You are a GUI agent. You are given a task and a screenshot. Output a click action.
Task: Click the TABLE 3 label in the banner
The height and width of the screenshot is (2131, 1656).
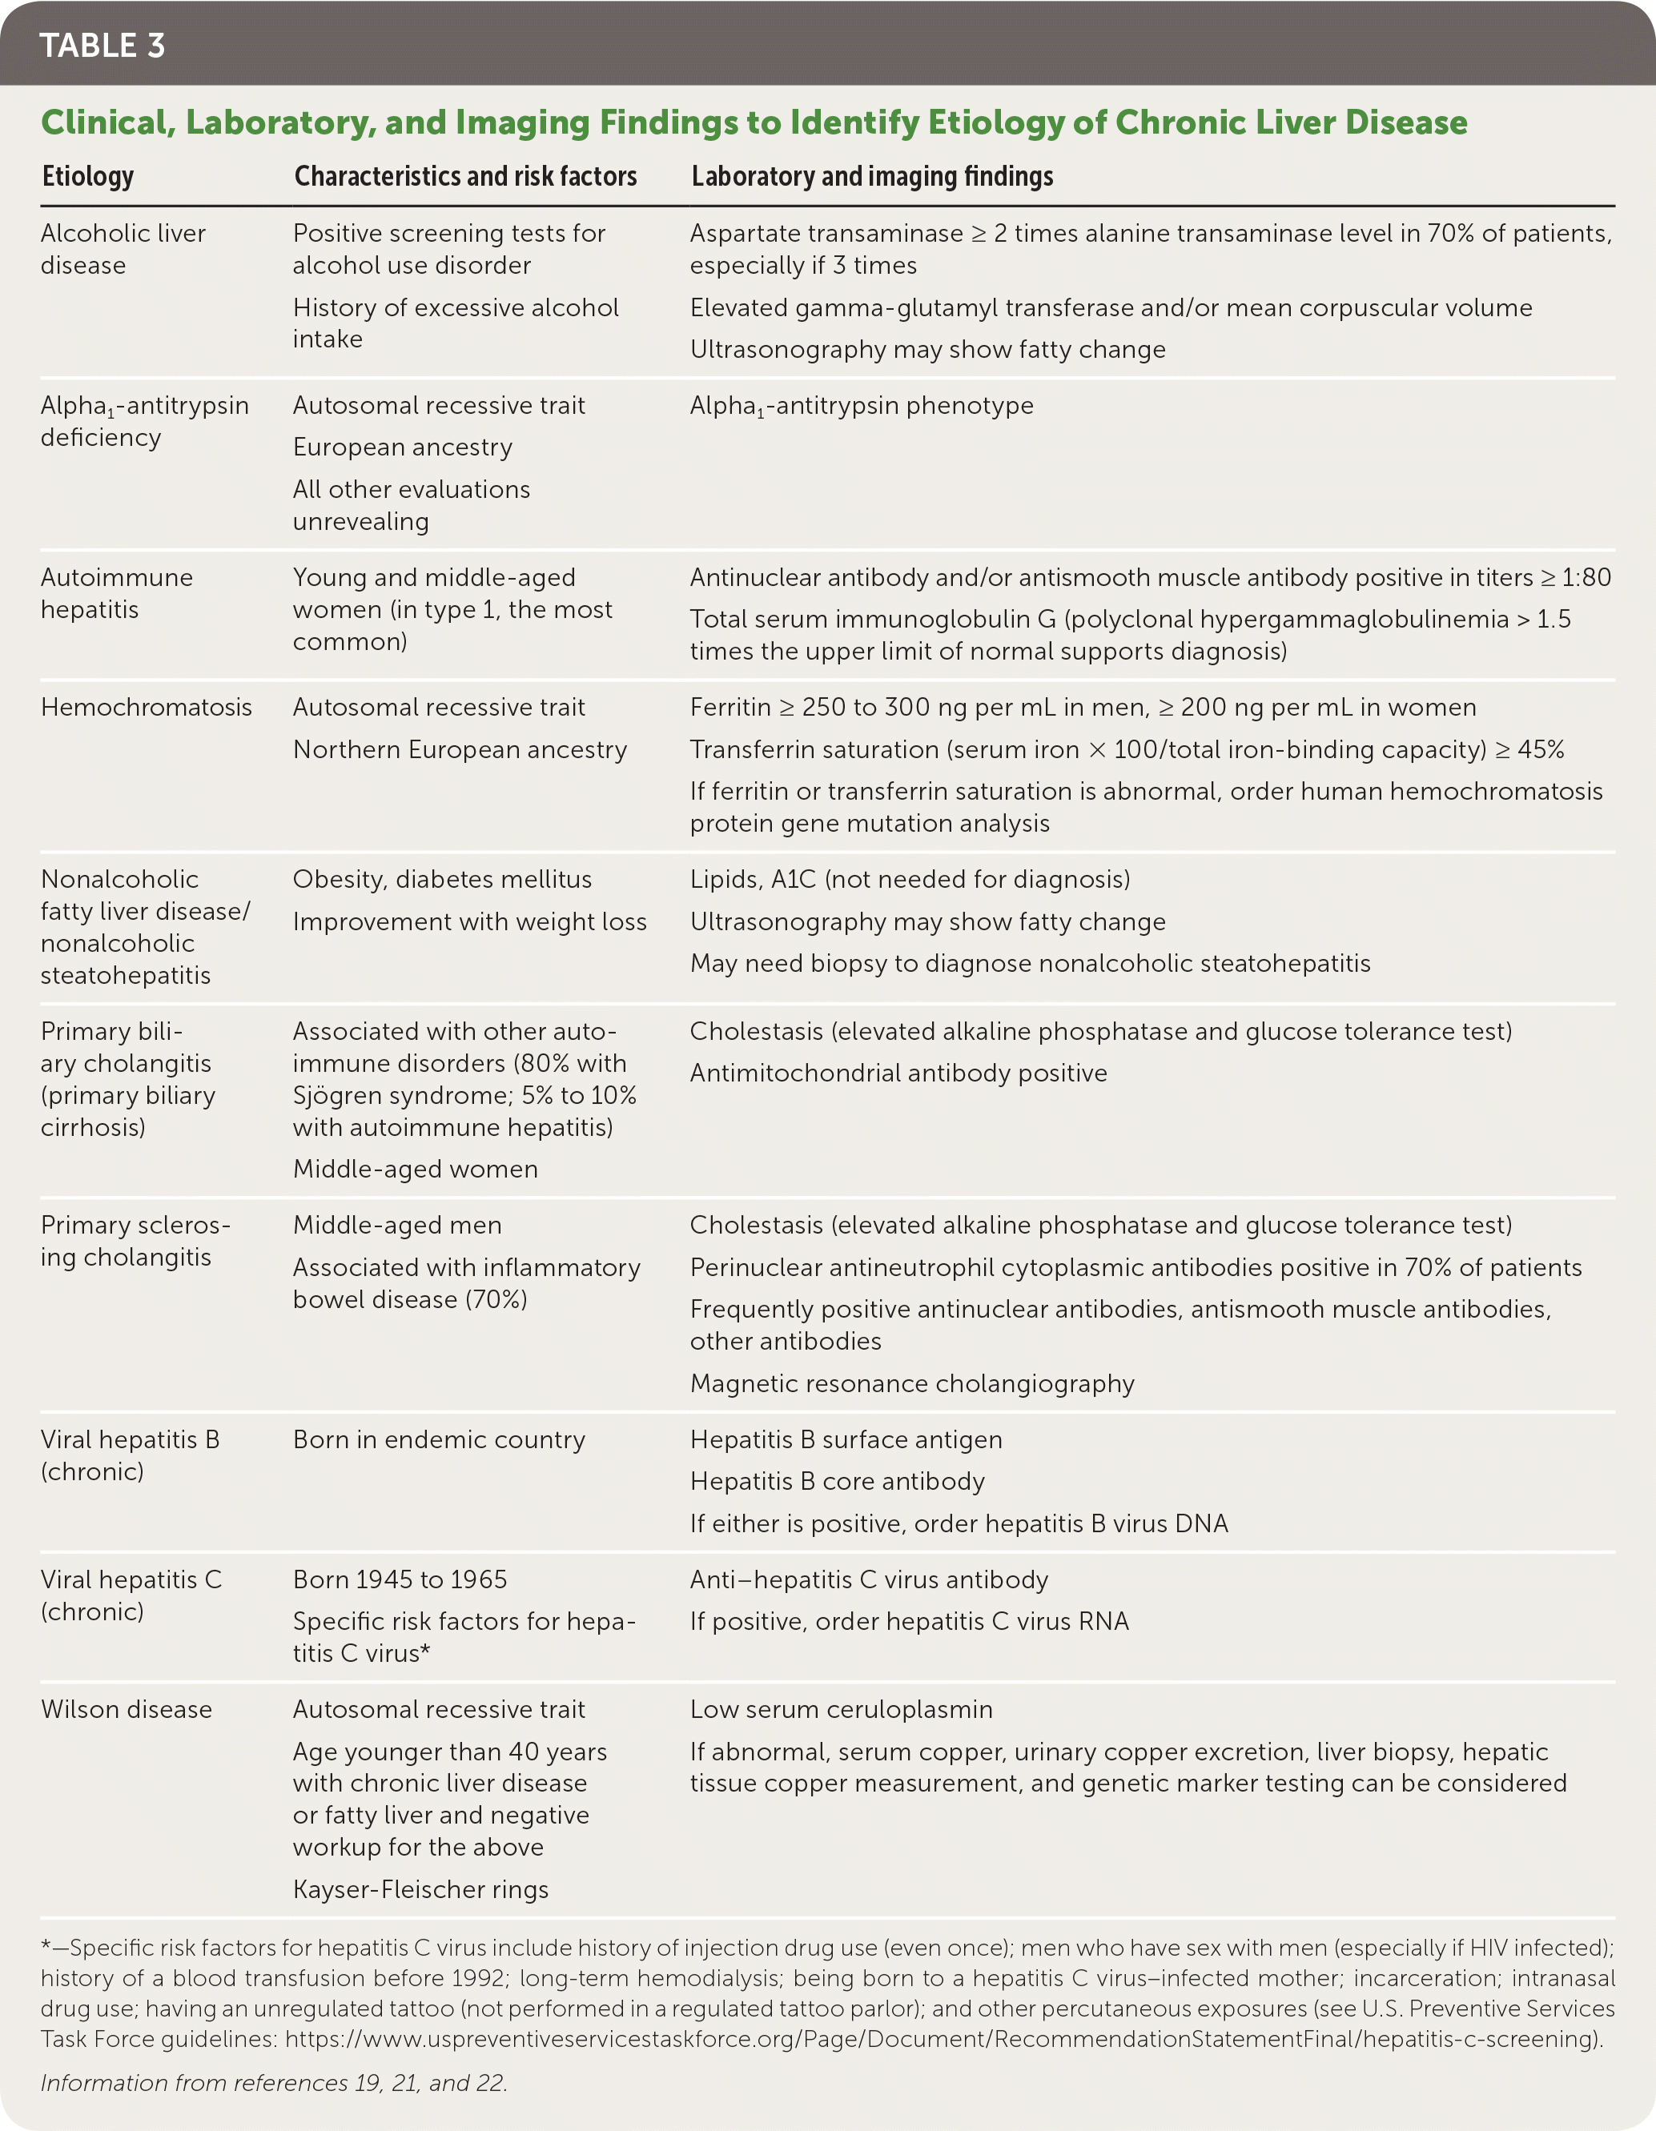click(102, 45)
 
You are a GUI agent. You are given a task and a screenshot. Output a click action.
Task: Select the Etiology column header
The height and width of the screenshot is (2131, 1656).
click(88, 177)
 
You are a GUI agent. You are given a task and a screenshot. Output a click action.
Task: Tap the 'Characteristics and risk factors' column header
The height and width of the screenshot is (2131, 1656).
click(465, 177)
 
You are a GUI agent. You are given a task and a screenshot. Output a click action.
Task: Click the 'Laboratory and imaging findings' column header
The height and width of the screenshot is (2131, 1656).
click(872, 177)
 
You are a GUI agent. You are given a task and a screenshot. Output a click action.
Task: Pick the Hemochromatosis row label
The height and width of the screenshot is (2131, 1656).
click(147, 708)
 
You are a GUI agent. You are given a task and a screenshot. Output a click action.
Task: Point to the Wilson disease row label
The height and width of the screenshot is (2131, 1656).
click(126, 1709)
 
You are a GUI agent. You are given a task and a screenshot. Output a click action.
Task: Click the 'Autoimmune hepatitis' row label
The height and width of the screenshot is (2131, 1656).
click(117, 593)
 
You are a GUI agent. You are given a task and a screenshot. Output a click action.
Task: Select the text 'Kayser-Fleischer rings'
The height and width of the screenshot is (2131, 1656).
click(420, 1889)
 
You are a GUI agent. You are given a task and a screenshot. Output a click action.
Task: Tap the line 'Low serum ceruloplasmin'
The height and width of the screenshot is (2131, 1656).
click(841, 1709)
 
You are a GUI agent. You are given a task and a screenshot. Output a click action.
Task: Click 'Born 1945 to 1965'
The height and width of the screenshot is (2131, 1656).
click(400, 1579)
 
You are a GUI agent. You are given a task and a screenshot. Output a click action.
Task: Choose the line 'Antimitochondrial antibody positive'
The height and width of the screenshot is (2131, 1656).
click(898, 1074)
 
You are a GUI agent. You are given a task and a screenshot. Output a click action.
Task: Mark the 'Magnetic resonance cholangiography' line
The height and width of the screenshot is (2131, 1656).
click(912, 1383)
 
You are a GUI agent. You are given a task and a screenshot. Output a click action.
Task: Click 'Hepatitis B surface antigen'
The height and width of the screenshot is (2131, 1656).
click(846, 1439)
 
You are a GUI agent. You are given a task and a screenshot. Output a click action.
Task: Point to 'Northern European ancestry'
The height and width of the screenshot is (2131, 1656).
click(460, 749)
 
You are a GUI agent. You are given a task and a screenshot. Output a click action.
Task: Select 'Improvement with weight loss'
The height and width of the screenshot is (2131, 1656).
click(469, 922)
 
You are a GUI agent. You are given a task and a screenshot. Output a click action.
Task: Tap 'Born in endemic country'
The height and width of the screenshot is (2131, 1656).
click(439, 1439)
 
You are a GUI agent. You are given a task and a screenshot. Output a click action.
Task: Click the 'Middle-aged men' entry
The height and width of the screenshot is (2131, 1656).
click(397, 1226)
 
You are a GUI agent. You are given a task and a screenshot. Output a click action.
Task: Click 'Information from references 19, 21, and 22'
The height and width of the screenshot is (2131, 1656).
click(274, 2083)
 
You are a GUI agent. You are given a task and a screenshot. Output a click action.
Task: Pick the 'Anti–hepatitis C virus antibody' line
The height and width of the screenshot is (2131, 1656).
click(870, 1579)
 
